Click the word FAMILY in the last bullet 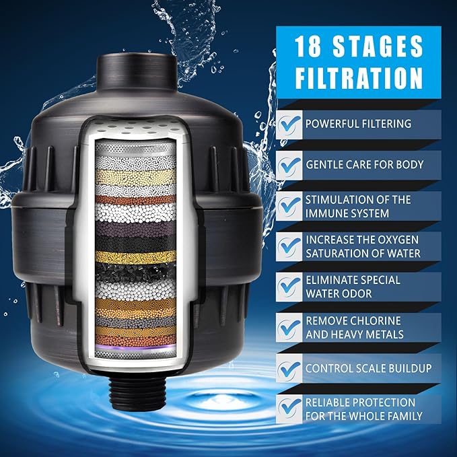(x=399, y=415)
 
